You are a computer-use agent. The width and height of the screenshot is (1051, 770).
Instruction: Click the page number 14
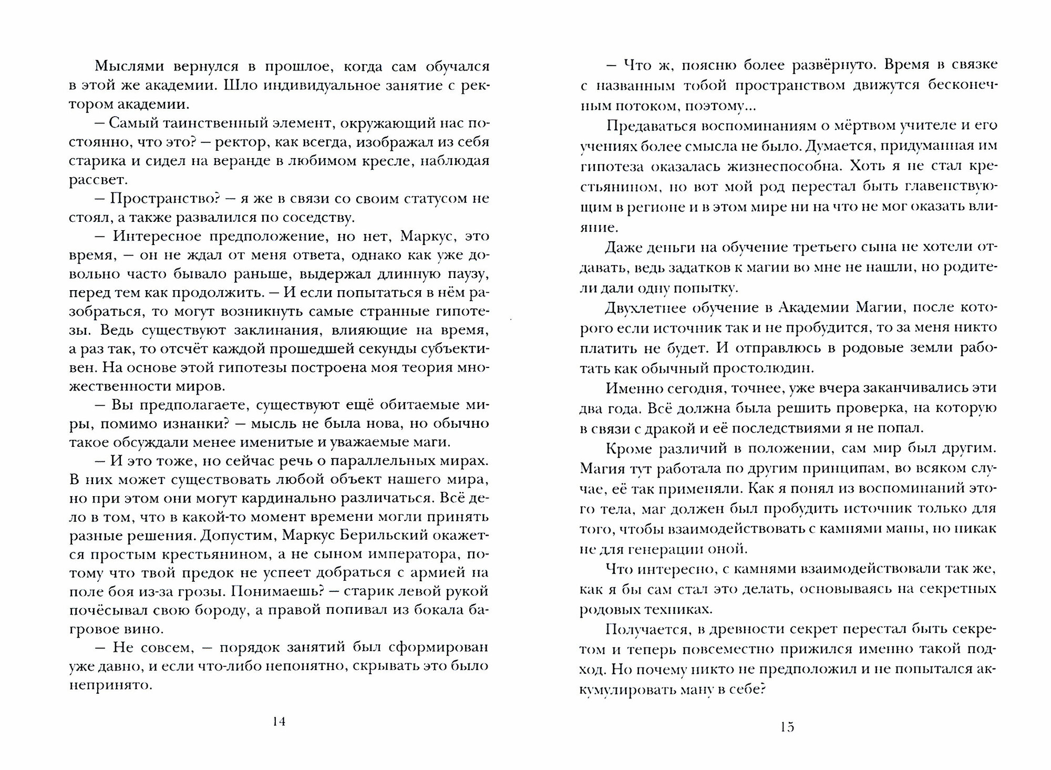point(279,721)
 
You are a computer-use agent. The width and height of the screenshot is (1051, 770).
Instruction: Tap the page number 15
point(787,727)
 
